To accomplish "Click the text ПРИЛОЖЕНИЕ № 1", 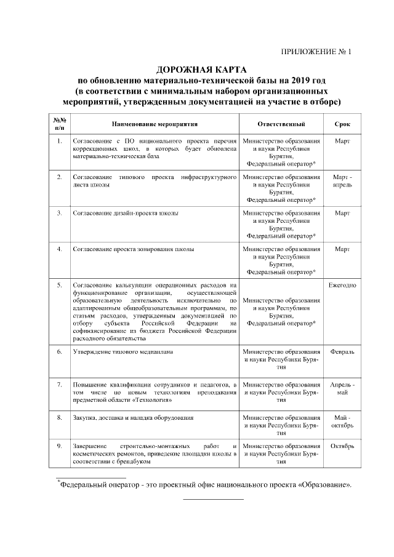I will click(x=316, y=53).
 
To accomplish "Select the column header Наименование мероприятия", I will click(x=155, y=124).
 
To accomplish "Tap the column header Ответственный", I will click(x=281, y=124).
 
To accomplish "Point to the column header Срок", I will click(x=342, y=124).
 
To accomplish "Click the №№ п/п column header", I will click(x=59, y=124).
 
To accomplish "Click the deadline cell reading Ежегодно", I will click(x=342, y=286).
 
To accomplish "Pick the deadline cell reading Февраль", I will click(x=342, y=352).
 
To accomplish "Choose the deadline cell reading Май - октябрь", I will click(x=342, y=422).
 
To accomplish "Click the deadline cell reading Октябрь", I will click(x=342, y=446).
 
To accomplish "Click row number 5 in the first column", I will click(x=59, y=286).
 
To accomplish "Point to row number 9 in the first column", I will click(x=59, y=446).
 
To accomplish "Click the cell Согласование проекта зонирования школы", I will click(x=134, y=249).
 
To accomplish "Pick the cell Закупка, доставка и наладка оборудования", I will click(x=134, y=418).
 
